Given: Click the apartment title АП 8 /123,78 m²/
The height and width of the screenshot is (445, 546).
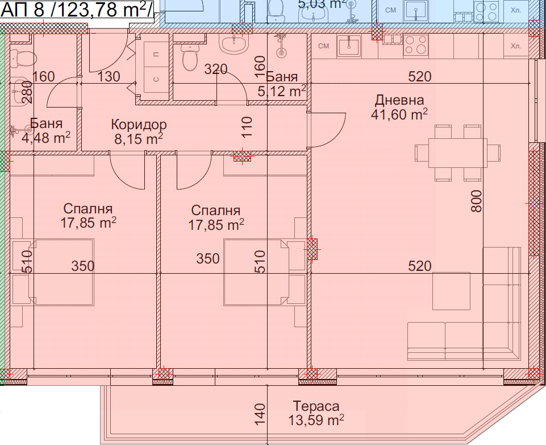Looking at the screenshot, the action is pyautogui.click(x=77, y=10).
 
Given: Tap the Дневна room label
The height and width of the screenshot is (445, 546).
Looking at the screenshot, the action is pyautogui.click(x=399, y=100).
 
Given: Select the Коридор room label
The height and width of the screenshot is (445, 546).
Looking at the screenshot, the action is pyautogui.click(x=139, y=125).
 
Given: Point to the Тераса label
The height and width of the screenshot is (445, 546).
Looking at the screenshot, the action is pyautogui.click(x=316, y=406).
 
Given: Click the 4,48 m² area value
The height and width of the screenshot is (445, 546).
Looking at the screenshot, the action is pyautogui.click(x=46, y=138).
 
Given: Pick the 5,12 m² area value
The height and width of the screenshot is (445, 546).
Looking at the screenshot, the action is pyautogui.click(x=282, y=91).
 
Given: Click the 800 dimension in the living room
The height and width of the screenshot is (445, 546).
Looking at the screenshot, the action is pyautogui.click(x=476, y=201).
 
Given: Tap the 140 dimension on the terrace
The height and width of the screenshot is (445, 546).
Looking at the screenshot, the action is pyautogui.click(x=260, y=414).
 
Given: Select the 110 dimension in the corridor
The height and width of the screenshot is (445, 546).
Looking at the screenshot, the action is pyautogui.click(x=246, y=127).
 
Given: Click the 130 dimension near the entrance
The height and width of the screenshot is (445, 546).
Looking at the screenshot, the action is pyautogui.click(x=109, y=76).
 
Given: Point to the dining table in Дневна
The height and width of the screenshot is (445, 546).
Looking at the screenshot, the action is pyautogui.click(x=457, y=153).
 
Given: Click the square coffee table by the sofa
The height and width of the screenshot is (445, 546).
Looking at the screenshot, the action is pyautogui.click(x=451, y=291).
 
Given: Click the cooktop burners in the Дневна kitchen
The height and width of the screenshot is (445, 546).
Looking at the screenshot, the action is pyautogui.click(x=416, y=45).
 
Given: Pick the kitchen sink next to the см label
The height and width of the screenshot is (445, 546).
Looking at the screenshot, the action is pyautogui.click(x=348, y=46).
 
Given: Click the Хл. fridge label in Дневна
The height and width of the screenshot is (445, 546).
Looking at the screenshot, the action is pyautogui.click(x=516, y=46).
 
